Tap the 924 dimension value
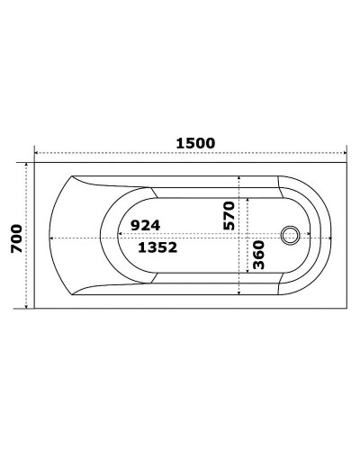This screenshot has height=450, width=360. [x=145, y=224]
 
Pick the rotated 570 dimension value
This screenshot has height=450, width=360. [x=229, y=216]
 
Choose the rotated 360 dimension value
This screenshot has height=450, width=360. [x=257, y=257]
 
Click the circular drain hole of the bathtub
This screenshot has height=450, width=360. [x=290, y=236]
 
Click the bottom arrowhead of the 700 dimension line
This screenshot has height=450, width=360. [x=27, y=307]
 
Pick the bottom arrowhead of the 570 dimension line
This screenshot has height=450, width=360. [x=239, y=292]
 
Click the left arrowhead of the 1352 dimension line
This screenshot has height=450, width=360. [x=50, y=238]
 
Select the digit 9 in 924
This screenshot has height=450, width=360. [x=134, y=224]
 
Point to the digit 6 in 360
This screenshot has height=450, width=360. [x=257, y=257]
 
